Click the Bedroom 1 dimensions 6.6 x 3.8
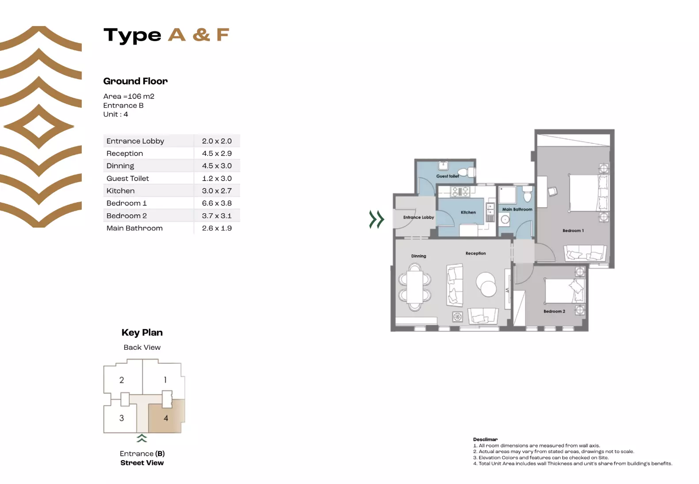(217, 203)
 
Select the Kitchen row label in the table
(121, 191)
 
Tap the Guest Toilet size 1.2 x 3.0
(217, 178)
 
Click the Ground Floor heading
(135, 81)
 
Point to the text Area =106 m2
(129, 96)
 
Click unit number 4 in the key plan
(166, 418)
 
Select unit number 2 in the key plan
(122, 380)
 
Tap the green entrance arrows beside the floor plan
(376, 219)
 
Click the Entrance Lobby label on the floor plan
(418, 217)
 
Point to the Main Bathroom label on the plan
(517, 209)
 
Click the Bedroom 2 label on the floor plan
(554, 311)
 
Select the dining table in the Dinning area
(415, 287)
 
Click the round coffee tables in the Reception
(486, 284)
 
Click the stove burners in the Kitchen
(460, 191)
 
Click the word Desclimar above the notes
(485, 439)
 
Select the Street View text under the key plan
(142, 463)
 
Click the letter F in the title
(223, 35)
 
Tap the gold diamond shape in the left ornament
(39, 127)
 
